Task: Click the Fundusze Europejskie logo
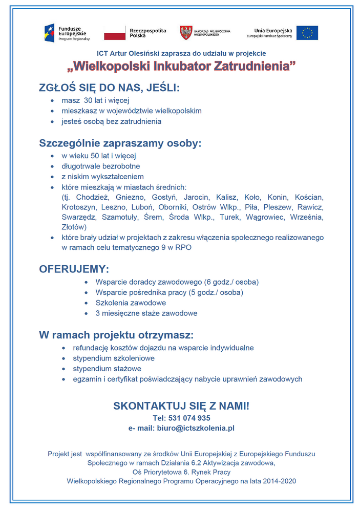(67, 33)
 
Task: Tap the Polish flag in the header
(115, 33)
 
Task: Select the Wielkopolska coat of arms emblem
(186, 33)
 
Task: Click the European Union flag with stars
(307, 33)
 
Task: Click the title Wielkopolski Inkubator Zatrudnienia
(182, 67)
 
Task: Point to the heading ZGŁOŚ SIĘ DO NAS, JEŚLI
(109, 88)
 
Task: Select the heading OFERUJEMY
(74, 269)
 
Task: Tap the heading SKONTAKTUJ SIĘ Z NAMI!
(181, 406)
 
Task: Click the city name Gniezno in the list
(123, 197)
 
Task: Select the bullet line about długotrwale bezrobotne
(101, 166)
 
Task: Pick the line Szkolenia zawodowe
(131, 303)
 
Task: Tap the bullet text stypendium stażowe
(107, 369)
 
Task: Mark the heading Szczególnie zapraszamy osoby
(120, 143)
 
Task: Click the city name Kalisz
(226, 197)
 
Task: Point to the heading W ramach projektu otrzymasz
(116, 335)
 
